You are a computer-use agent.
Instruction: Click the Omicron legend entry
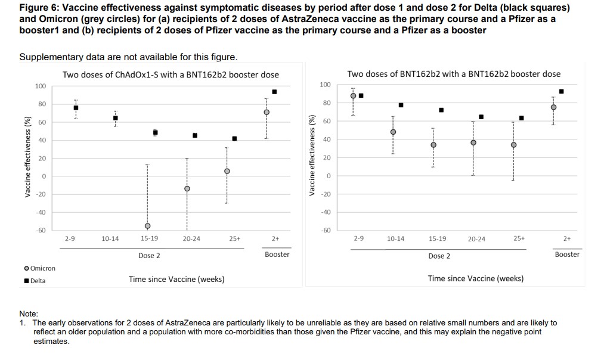pyautogui.click(x=39, y=268)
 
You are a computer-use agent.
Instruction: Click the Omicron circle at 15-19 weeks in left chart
pyautogui.click(x=147, y=226)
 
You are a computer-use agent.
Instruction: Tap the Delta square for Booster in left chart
pyautogui.click(x=274, y=92)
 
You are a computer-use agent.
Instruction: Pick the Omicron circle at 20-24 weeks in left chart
pyautogui.click(x=187, y=188)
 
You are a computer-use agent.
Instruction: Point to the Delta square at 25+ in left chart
pyautogui.click(x=234, y=139)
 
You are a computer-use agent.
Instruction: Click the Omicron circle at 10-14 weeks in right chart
pyautogui.click(x=393, y=132)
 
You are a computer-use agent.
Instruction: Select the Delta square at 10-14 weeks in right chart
pyautogui.click(x=401, y=105)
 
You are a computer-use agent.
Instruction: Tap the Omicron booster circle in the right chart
pyautogui.click(x=553, y=107)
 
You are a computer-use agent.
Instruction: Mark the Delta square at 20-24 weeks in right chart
pyautogui.click(x=481, y=117)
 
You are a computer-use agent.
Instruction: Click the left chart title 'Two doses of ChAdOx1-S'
pyautogui.click(x=171, y=75)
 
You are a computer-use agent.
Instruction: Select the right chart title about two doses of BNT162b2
pyautogui.click(x=454, y=74)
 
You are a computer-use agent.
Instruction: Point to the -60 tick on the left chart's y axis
pyautogui.click(x=40, y=230)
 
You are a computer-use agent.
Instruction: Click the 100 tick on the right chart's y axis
pyautogui.click(x=325, y=85)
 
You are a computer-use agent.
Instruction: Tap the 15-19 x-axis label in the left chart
pyautogui.click(x=149, y=238)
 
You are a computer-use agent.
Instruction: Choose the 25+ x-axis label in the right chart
pyautogui.click(x=519, y=238)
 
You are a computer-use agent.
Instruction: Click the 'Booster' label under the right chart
pyautogui.click(x=566, y=255)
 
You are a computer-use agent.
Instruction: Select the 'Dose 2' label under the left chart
pyautogui.click(x=149, y=255)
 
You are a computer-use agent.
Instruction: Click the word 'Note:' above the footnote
pyautogui.click(x=29, y=314)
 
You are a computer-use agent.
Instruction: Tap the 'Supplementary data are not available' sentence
pyautogui.click(x=128, y=57)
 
